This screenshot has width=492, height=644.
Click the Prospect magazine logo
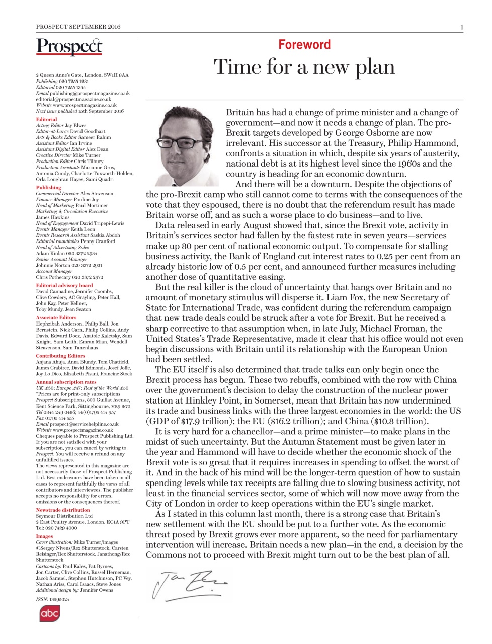[69, 47]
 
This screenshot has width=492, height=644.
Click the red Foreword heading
[304, 45]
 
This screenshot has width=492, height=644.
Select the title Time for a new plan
[304, 67]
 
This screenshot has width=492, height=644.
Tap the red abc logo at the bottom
[50, 613]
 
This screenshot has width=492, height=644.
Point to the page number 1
[461, 27]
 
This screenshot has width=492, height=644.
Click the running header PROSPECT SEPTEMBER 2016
[78, 27]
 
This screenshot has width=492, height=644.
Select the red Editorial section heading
[46, 119]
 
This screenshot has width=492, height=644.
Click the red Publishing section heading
[48, 187]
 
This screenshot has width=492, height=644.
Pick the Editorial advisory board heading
[64, 285]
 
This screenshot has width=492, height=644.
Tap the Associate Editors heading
[56, 317]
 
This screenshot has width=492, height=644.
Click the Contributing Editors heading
[60, 356]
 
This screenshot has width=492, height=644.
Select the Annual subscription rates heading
[66, 382]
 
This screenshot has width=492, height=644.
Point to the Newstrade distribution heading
[62, 510]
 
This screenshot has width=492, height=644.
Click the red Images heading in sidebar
[44, 536]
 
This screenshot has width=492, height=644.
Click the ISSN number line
[53, 599]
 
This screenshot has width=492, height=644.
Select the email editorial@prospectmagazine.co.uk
[73, 99]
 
